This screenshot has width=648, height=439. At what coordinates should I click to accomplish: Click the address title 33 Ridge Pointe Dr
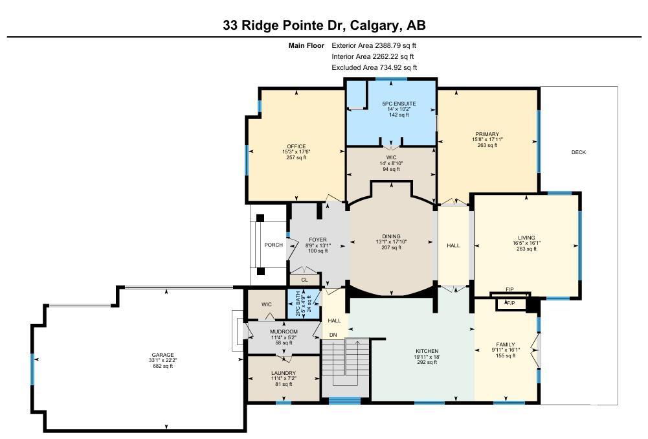tap(324, 25)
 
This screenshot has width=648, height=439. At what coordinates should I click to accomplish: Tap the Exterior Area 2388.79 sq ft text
tap(374, 45)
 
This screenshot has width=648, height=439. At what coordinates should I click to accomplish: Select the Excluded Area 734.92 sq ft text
tap(374, 67)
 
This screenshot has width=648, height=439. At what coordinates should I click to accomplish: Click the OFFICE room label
tap(296, 146)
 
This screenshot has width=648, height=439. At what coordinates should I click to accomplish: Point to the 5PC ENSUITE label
tap(399, 104)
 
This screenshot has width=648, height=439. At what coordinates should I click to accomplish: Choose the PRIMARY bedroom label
tap(487, 134)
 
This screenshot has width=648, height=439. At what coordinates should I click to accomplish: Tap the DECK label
tap(578, 152)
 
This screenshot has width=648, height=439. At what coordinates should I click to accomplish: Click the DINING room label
tap(391, 236)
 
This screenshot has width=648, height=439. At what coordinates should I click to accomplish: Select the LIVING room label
tap(526, 238)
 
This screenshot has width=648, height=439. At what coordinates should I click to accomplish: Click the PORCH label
tap(273, 245)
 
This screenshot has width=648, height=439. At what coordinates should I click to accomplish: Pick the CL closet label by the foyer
tap(304, 280)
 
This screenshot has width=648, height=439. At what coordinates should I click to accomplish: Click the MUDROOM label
tap(284, 332)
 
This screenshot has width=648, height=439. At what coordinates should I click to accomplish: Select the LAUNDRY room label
tap(284, 373)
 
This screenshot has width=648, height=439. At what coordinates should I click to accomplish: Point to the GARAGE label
tap(162, 355)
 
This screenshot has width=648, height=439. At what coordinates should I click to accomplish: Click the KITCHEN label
tap(427, 350)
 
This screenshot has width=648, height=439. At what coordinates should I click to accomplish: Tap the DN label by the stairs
tap(333, 335)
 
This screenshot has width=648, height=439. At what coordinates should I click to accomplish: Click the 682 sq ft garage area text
tap(162, 366)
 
